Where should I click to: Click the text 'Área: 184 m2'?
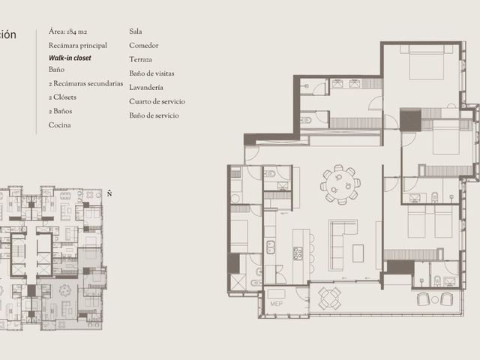67,31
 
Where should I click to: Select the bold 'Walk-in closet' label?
70,58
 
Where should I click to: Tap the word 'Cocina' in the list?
60,125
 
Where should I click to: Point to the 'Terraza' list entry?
140,59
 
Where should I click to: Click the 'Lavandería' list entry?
146,88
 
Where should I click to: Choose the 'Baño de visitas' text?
151,73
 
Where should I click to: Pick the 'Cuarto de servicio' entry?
157,101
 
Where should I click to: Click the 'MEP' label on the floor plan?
277,304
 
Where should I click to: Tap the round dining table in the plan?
340,184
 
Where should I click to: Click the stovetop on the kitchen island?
298,253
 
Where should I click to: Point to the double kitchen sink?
270,247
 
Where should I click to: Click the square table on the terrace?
329,298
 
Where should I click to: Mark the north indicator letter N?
109,193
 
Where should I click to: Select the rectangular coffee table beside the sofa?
358,253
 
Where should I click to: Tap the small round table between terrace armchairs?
435,300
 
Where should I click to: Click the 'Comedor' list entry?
143,46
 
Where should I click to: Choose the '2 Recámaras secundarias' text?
85,83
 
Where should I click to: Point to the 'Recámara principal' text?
78,46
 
